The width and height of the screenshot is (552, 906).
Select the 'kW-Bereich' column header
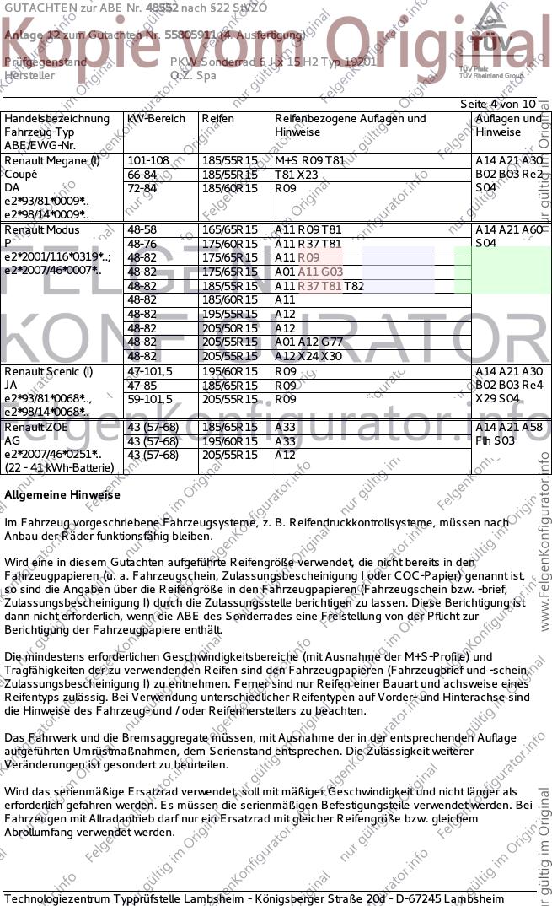coord(156,119)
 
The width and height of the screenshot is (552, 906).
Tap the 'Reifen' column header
coord(217,119)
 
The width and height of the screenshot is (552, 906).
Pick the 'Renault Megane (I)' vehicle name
coord(52,160)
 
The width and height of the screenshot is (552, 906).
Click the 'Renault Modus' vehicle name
coord(42,229)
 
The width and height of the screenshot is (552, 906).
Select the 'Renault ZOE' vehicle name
coord(37,428)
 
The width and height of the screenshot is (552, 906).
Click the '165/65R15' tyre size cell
coord(229,229)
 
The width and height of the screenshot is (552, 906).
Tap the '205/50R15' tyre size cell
coord(229,328)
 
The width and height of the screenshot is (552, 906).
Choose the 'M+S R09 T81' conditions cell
coord(309,160)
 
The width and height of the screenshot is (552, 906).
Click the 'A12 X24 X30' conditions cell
coord(308,356)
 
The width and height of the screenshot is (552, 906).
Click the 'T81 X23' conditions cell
coord(297,174)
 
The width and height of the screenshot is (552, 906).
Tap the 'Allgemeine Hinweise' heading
coord(62,494)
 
